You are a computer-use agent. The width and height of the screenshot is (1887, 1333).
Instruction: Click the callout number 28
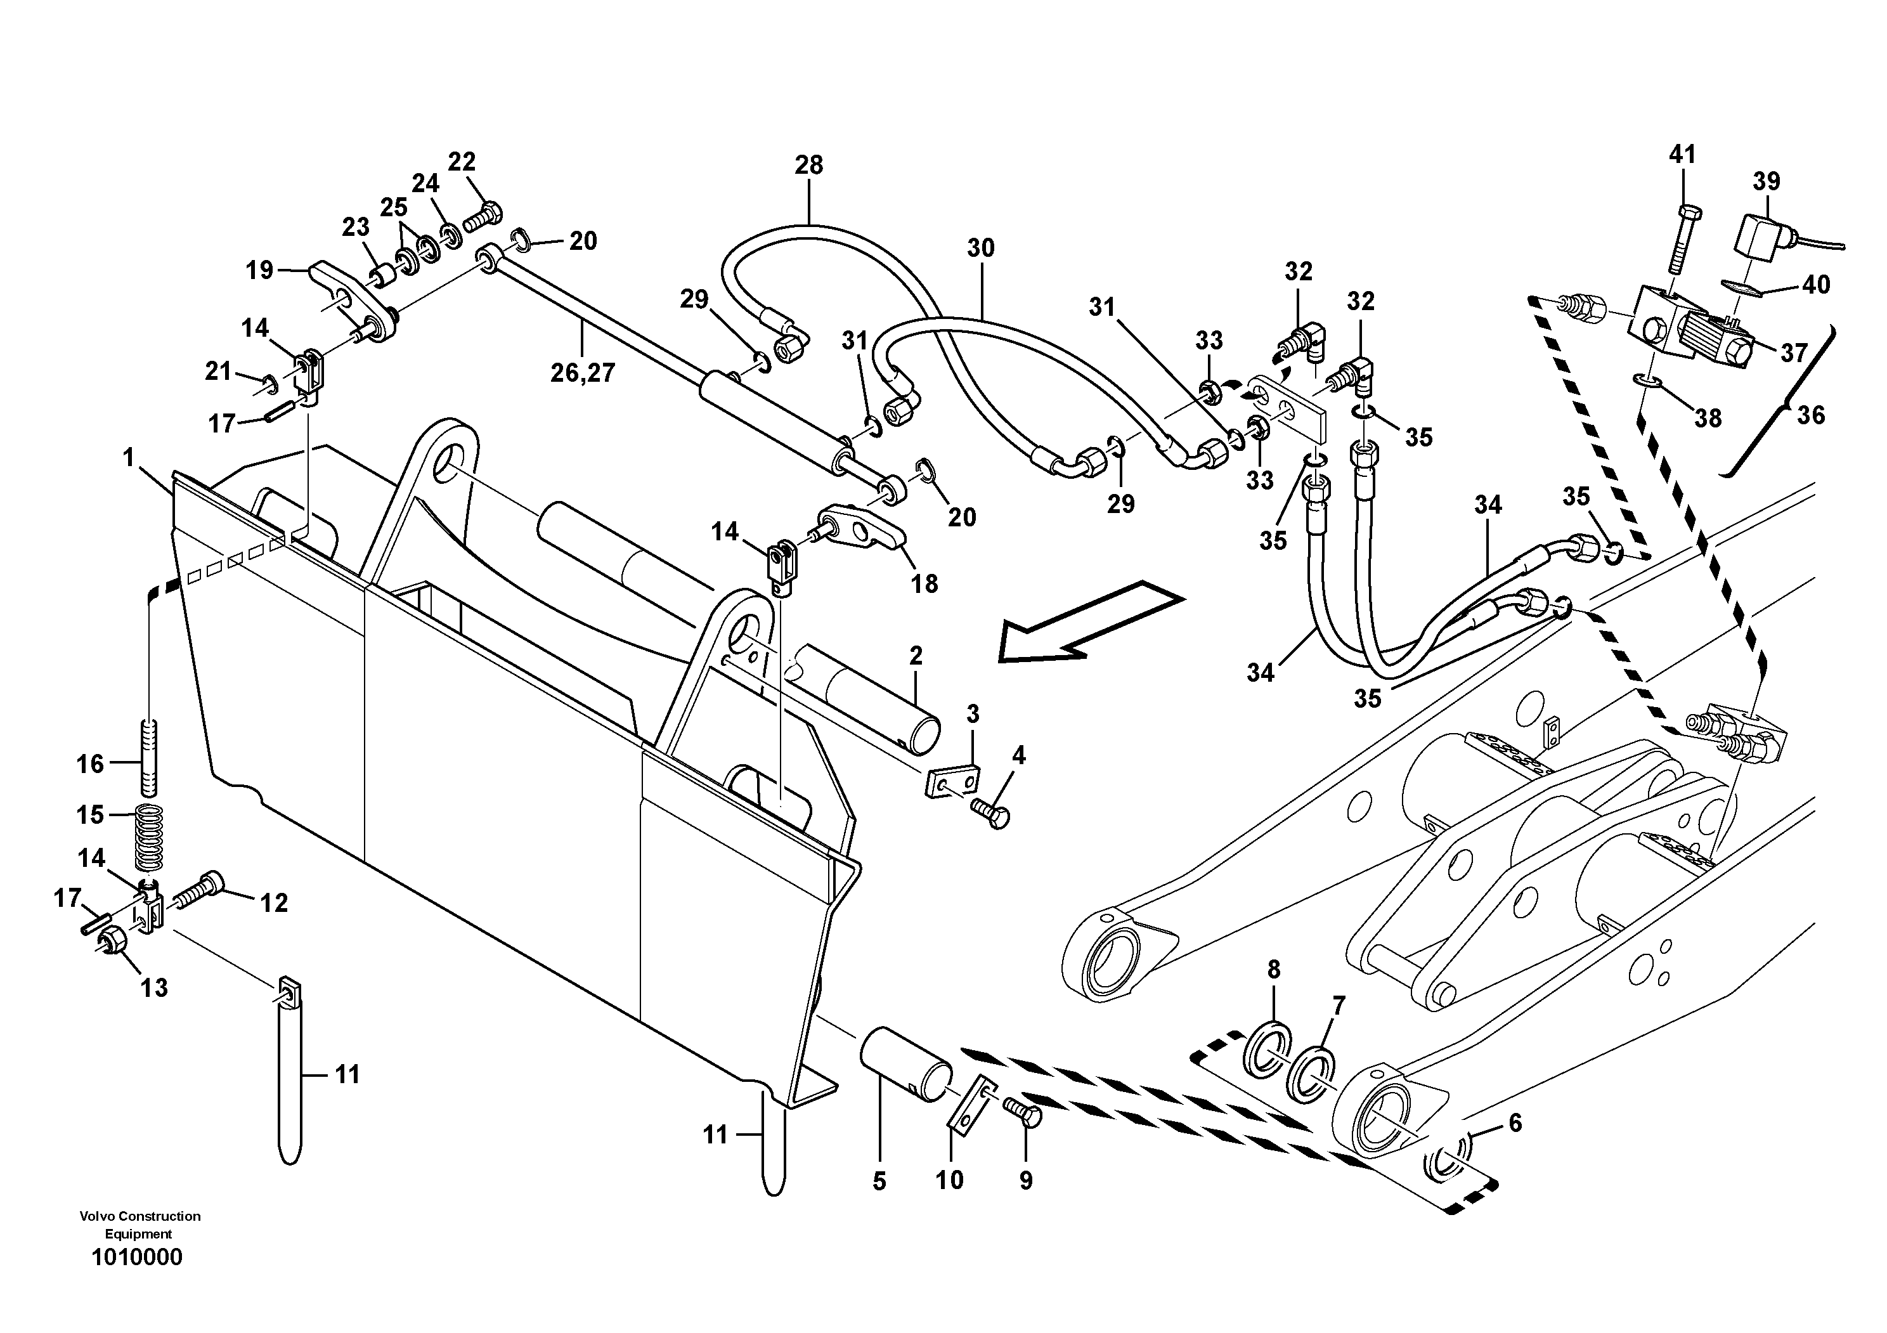808,165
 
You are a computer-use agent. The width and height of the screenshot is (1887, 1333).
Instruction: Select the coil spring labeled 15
149,836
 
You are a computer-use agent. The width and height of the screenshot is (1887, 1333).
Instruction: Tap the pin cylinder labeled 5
905,1063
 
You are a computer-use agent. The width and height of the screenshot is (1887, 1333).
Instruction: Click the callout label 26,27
583,373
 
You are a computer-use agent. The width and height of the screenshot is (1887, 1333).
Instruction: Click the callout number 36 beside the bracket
1810,415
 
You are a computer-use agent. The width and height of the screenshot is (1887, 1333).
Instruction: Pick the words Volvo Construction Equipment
139,1225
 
